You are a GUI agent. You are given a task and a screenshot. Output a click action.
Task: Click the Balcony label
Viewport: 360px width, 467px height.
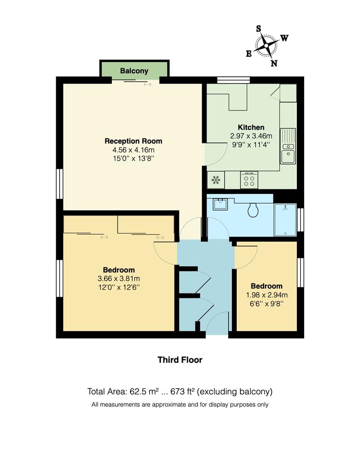click(x=134, y=71)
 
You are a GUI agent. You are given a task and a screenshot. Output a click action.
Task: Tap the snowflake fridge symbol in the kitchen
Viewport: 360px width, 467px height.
click(x=215, y=179)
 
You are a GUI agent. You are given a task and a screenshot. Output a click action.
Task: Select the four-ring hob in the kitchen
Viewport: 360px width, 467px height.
click(x=249, y=179)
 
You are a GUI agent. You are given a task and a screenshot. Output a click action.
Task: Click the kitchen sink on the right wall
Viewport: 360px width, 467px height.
click(x=288, y=146)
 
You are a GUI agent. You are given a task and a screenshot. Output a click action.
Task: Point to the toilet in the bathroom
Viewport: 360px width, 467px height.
click(x=253, y=211)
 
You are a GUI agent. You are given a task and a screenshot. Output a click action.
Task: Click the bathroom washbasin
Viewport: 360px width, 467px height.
click(x=220, y=204)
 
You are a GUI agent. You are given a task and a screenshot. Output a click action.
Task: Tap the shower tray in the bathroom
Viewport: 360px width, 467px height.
click(x=285, y=220)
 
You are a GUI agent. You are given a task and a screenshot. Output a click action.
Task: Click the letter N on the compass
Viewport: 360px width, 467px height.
click(x=274, y=64)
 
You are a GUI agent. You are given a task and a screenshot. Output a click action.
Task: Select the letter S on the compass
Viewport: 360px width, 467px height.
click(x=259, y=29)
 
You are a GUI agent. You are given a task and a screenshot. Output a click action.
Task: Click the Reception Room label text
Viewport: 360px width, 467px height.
click(x=134, y=141)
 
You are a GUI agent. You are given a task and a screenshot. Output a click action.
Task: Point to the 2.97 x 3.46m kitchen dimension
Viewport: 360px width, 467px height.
click(x=251, y=136)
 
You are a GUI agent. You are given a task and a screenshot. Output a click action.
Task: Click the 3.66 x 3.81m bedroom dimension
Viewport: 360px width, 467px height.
click(x=118, y=278)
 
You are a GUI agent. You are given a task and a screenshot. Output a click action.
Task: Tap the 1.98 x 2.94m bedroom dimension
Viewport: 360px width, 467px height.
click(x=267, y=295)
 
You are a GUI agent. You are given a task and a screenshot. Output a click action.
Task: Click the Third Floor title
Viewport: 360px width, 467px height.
click(x=180, y=360)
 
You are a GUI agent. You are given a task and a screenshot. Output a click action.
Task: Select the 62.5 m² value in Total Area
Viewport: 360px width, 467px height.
click(x=145, y=392)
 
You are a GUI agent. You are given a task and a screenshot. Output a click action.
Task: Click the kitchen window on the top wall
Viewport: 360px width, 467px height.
click(x=233, y=80)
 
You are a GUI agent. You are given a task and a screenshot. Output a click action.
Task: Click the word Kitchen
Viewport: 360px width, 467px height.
click(x=251, y=127)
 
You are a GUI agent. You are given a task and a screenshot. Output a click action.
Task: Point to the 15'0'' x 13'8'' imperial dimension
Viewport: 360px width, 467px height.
click(x=134, y=158)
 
